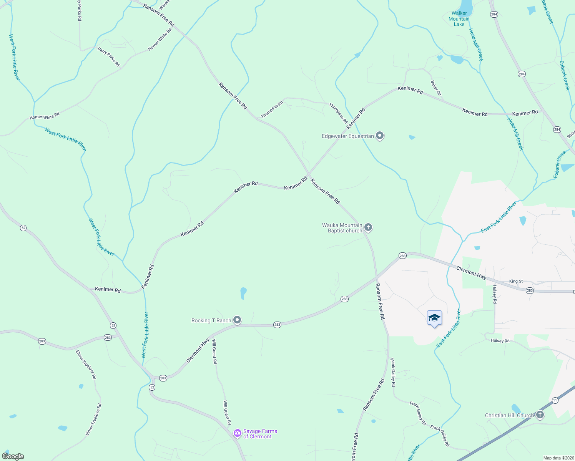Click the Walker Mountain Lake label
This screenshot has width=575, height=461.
point(459,19)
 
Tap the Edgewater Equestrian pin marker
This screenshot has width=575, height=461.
point(380,136)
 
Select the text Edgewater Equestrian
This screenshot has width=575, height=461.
point(347,136)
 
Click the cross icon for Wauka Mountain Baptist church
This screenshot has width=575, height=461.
point(368,227)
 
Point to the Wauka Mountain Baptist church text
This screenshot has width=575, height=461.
point(342,228)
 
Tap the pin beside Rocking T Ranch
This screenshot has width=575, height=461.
point(238,320)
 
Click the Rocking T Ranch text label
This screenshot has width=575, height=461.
point(211,320)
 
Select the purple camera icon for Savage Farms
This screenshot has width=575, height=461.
point(238,433)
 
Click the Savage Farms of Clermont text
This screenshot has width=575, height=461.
point(260,434)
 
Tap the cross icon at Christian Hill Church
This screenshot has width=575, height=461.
point(540,415)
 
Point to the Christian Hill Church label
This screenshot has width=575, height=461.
point(509,415)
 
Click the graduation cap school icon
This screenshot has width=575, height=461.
point(434,318)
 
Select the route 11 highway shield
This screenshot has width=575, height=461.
point(555,400)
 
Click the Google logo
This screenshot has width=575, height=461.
point(13,456)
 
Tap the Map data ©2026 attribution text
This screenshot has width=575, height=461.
point(558,458)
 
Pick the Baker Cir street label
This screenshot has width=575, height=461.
point(436,88)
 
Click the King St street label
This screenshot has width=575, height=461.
point(516,281)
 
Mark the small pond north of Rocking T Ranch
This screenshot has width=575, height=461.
point(243,293)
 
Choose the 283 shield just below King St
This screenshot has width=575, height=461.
point(530,290)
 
